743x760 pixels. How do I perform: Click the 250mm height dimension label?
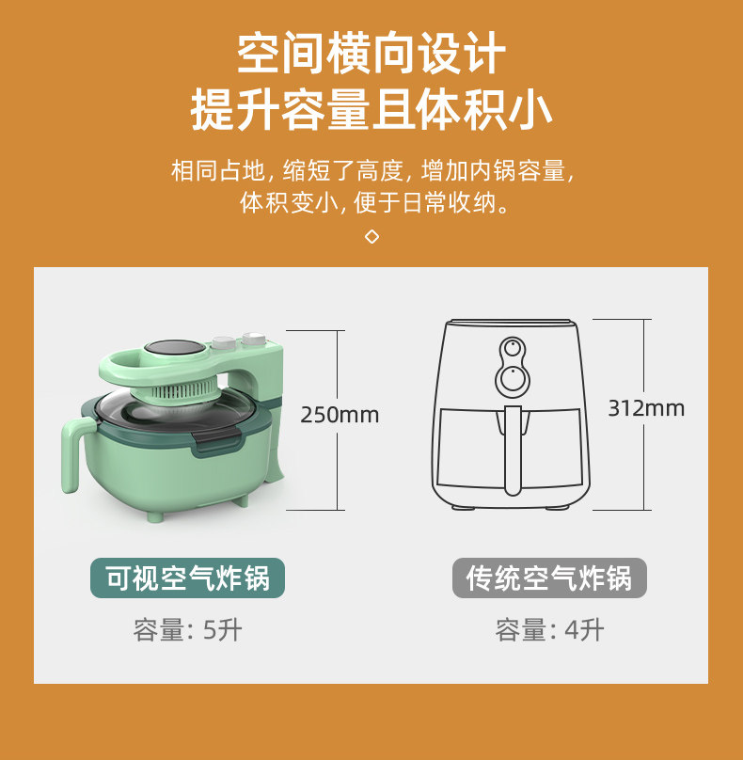pyautogui.click(x=340, y=415)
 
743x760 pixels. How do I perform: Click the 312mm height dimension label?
pyautogui.click(x=646, y=408)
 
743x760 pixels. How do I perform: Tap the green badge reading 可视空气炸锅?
pyautogui.click(x=187, y=578)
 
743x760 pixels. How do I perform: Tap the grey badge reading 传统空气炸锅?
pyautogui.click(x=549, y=578)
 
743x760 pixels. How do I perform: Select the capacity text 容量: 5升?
pyautogui.click(x=187, y=630)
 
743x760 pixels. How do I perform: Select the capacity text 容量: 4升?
pyautogui.click(x=549, y=630)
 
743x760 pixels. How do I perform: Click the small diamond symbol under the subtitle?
pyautogui.click(x=371, y=236)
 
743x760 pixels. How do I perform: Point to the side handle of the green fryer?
pyautogui.click(x=75, y=453)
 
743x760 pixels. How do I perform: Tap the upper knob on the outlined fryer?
pyautogui.click(x=513, y=348)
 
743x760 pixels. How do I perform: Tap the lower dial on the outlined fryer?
pyautogui.click(x=513, y=378)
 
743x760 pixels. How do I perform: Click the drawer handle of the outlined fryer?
pyautogui.click(x=513, y=449)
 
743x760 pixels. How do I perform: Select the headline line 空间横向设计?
pyautogui.click(x=371, y=53)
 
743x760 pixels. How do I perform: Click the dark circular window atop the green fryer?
pyautogui.click(x=175, y=347)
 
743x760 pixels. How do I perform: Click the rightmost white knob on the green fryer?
pyautogui.click(x=255, y=339)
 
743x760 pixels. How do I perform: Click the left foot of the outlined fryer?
pyautogui.click(x=462, y=507)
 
